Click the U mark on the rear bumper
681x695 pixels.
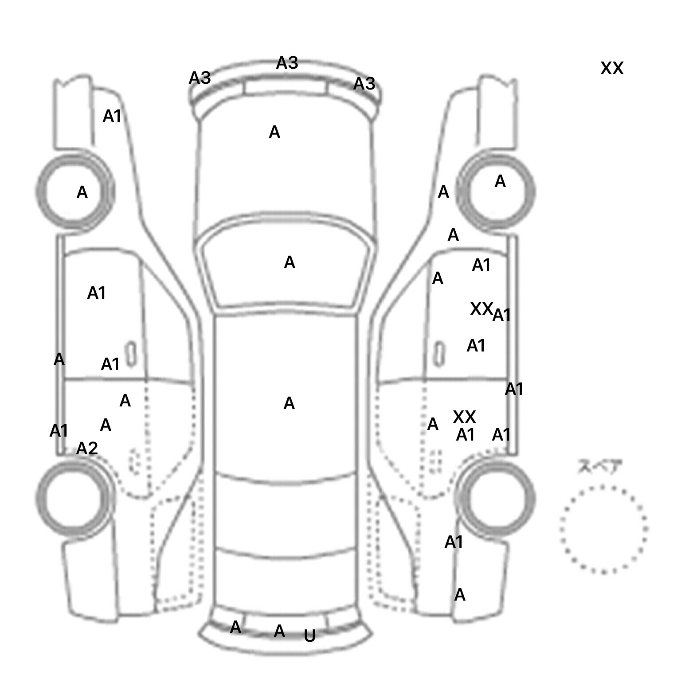(x=309, y=636)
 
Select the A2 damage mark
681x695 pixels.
(x=87, y=449)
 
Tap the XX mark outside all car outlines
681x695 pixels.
(x=612, y=68)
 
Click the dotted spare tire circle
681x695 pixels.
(x=603, y=529)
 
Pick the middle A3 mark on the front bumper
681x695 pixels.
(x=287, y=63)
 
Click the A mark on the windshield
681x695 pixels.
(x=290, y=262)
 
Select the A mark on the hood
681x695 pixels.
(x=274, y=132)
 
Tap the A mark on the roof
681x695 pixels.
(x=289, y=403)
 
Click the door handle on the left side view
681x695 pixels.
(x=130, y=354)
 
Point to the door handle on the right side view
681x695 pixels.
(x=439, y=354)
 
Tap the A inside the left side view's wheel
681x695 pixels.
(x=82, y=192)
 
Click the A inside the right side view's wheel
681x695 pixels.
(x=500, y=181)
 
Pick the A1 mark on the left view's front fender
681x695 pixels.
(x=112, y=116)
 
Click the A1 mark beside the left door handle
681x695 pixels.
(x=110, y=364)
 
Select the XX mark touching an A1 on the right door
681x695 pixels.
(x=481, y=308)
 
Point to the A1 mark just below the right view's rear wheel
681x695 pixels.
(x=454, y=542)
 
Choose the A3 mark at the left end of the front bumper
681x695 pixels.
(x=200, y=78)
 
